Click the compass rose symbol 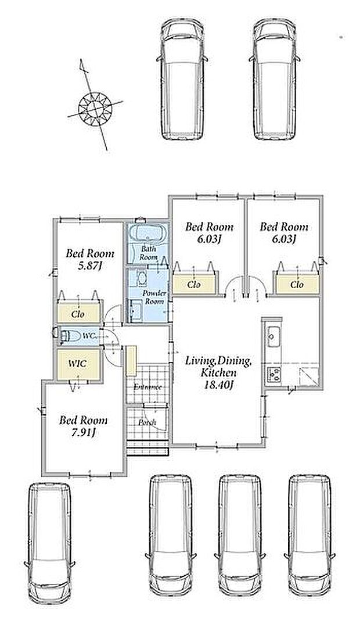point(95,107)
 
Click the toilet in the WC point(69,336)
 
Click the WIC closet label point(77,364)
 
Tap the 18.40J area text point(219,385)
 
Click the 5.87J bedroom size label point(89,266)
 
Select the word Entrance point(147,387)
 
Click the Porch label point(147,422)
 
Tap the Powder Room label point(154,297)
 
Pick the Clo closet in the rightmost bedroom point(297,284)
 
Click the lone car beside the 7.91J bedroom point(49,543)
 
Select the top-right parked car point(274,78)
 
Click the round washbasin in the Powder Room point(141,278)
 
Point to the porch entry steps point(148,448)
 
